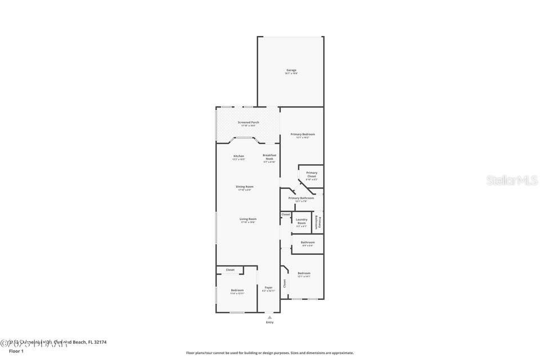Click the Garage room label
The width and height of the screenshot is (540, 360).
[291, 70]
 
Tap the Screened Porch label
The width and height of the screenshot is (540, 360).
[248, 122]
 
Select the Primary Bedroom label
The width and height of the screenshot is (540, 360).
[302, 134]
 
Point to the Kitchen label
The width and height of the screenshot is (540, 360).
[238, 156]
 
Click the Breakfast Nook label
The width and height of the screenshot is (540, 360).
[269, 157]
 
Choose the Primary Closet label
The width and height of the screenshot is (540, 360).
[312, 174]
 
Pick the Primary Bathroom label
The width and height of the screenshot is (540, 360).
[301, 198]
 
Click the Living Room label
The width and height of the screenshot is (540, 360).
[247, 219]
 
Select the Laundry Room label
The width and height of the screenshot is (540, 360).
[301, 221]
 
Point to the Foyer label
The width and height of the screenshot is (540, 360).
[268, 287]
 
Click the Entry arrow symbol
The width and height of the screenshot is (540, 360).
[269, 317]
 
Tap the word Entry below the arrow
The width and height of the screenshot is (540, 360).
[269, 322]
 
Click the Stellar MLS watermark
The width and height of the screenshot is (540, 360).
[512, 181]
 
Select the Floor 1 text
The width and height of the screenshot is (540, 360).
[16, 351]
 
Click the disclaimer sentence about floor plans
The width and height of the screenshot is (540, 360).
[270, 353]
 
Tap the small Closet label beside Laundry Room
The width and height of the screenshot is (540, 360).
[286, 214]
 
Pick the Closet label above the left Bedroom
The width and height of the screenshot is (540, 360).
[230, 270]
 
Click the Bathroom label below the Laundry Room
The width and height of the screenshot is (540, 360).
[308, 242]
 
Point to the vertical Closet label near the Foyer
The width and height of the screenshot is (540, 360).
[285, 283]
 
